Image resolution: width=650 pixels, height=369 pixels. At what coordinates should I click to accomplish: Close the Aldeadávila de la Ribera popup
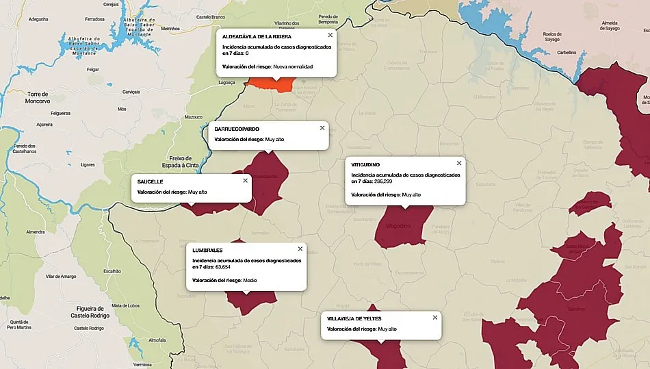[x=330, y=34]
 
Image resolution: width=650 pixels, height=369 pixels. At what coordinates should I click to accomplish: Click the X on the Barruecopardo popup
[x=322, y=127]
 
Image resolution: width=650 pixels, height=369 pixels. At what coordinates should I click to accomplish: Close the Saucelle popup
[x=245, y=181]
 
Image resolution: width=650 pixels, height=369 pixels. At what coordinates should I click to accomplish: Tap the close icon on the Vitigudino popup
[x=459, y=163]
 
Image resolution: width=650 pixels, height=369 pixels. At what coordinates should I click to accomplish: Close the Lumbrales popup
[x=300, y=249]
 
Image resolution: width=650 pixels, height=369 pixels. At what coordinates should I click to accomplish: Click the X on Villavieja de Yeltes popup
[x=434, y=317]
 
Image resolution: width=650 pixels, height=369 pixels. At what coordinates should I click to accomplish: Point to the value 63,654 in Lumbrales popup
[x=223, y=267]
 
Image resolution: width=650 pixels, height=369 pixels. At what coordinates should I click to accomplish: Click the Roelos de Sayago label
[x=551, y=36]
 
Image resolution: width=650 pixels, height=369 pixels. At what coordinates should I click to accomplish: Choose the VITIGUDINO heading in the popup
[x=365, y=164]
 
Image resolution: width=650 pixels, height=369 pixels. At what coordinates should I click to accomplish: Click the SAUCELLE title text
[x=150, y=181]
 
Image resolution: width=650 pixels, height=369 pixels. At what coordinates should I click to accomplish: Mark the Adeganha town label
[x=38, y=19]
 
